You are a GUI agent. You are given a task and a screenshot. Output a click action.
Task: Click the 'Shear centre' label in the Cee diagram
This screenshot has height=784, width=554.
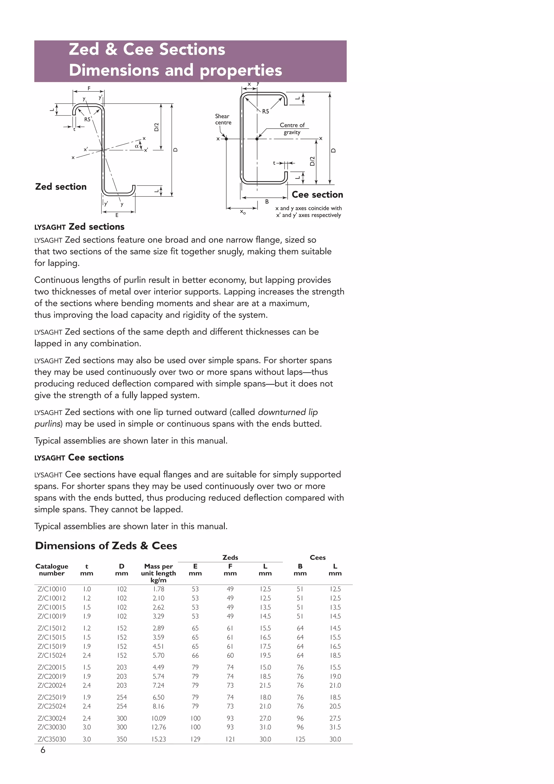223,119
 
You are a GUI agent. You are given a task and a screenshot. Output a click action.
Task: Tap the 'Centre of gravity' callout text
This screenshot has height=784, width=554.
292,129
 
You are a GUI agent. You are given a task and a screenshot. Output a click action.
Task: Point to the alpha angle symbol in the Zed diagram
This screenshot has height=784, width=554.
137,146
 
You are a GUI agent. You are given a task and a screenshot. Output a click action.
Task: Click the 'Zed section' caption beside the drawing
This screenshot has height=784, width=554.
61,187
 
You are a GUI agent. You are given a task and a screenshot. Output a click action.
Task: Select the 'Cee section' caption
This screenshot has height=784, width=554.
317,195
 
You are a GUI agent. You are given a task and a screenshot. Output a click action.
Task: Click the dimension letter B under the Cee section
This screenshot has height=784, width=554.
267,202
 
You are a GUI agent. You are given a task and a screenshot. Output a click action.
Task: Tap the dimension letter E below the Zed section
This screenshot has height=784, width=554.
117,215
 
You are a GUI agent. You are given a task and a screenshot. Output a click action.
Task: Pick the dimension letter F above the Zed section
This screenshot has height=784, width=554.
89,88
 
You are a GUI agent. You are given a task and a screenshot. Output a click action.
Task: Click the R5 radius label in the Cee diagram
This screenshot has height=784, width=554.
265,111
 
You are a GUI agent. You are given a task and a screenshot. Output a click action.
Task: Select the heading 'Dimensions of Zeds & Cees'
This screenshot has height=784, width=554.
106,546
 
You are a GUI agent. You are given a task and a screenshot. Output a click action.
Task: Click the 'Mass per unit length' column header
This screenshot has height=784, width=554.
159,573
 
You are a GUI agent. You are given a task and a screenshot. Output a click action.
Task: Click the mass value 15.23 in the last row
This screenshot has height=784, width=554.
159,739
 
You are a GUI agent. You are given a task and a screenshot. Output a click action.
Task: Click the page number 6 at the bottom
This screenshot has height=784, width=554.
43,750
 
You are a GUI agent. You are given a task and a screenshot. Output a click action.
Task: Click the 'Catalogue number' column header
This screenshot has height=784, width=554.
52,569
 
